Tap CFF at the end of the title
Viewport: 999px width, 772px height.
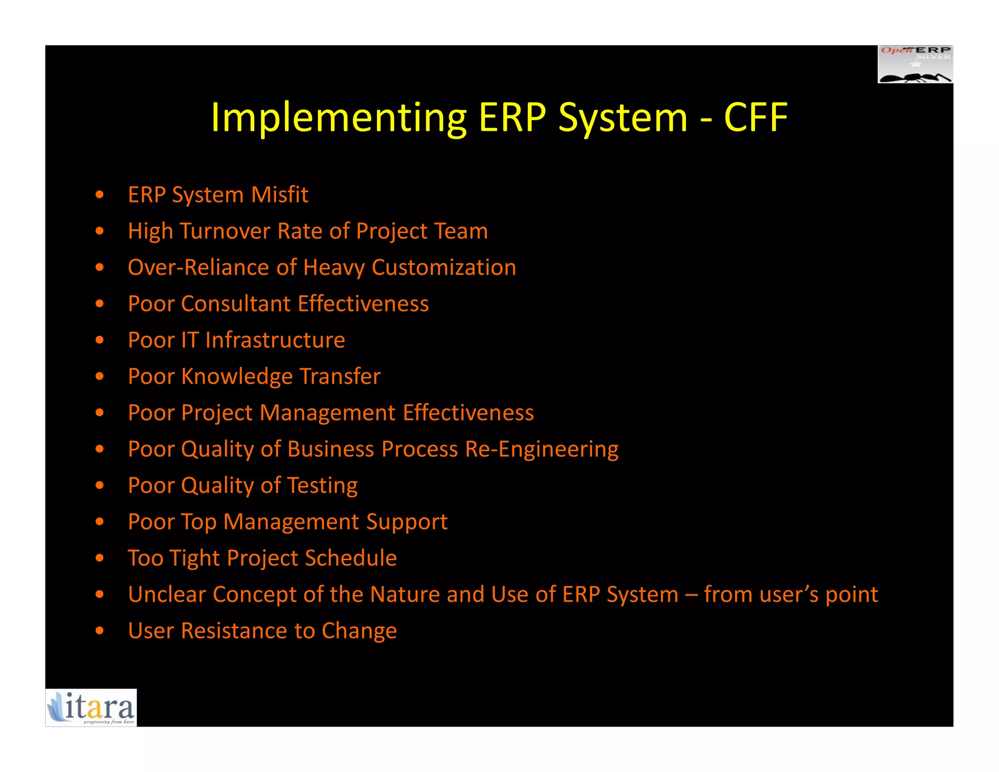click(756, 118)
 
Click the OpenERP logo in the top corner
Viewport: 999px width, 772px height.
click(915, 64)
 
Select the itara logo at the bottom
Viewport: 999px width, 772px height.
click(91, 708)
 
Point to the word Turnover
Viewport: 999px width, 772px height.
click(225, 231)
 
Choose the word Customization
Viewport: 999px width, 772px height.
click(443, 267)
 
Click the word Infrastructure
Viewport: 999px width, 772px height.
click(275, 340)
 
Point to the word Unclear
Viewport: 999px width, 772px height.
click(166, 594)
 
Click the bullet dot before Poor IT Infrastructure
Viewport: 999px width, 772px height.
click(100, 340)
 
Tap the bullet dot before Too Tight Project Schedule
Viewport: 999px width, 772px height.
click(100, 558)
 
